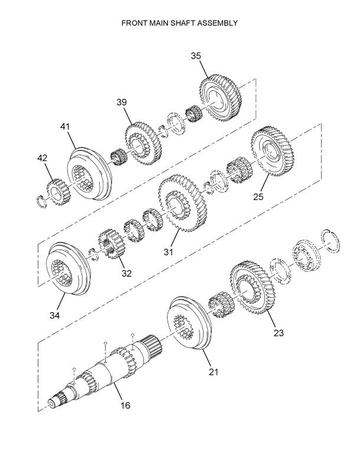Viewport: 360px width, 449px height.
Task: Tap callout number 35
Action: point(196,56)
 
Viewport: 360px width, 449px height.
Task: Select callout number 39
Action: point(122,102)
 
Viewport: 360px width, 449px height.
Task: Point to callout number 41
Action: point(65,127)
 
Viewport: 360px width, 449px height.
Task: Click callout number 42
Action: point(42,158)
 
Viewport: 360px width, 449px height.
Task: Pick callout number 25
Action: point(258,196)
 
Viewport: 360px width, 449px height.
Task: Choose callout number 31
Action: point(168,252)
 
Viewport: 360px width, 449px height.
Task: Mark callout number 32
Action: point(126,273)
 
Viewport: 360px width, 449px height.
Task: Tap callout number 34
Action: point(55,315)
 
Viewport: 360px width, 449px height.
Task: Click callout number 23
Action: point(279,333)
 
